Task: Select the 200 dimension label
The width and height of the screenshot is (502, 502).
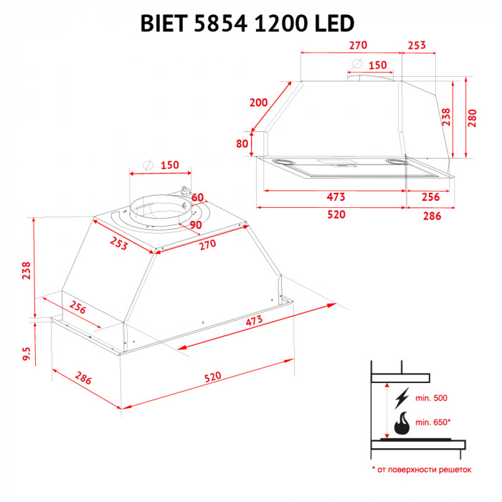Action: pyautogui.click(x=258, y=103)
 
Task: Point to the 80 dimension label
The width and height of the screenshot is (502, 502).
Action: pyautogui.click(x=242, y=143)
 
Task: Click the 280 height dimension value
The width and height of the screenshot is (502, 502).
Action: pyautogui.click(x=472, y=117)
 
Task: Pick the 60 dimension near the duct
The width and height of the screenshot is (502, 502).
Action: pyautogui.click(x=198, y=197)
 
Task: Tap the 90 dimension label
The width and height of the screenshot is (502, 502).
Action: pyautogui.click(x=195, y=225)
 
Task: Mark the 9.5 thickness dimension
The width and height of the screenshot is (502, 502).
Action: pyautogui.click(x=27, y=354)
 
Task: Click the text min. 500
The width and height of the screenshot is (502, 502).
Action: pyautogui.click(x=430, y=397)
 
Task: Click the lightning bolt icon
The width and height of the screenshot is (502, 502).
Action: pyautogui.click(x=402, y=397)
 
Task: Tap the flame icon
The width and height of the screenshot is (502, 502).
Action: pyautogui.click(x=402, y=422)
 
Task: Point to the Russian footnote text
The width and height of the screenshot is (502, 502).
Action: pyautogui.click(x=422, y=470)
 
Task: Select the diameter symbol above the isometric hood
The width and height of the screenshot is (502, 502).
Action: pyautogui.click(x=148, y=164)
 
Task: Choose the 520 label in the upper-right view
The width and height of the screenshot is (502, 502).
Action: pyautogui.click(x=336, y=214)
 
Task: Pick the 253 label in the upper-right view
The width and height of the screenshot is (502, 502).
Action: pyautogui.click(x=417, y=45)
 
